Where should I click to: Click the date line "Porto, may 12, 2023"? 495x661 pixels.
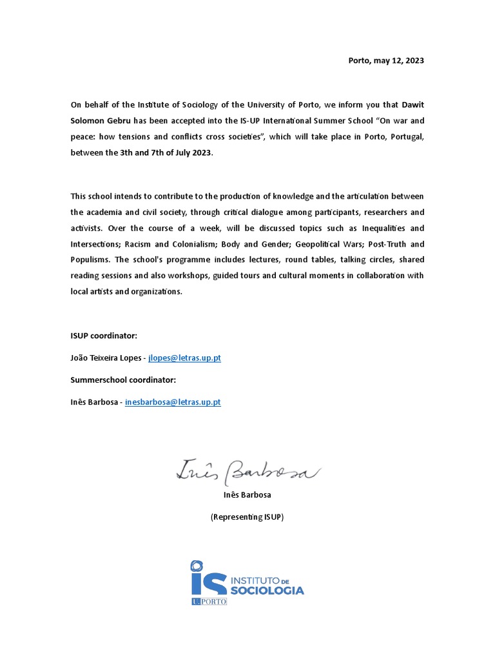[x=386, y=61]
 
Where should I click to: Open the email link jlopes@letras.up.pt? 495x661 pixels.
[x=184, y=358]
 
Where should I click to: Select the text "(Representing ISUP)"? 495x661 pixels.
[x=247, y=517]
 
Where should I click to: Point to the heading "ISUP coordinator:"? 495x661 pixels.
[x=104, y=336]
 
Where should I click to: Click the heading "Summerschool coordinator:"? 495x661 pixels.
[x=123, y=380]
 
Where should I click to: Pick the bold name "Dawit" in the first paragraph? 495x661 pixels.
[x=412, y=105]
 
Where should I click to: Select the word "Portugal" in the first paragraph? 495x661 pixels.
[x=404, y=136]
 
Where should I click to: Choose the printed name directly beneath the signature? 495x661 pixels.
[x=247, y=495]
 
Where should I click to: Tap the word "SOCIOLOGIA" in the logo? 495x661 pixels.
[x=267, y=590]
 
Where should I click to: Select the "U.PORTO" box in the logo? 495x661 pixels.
[x=209, y=601]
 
